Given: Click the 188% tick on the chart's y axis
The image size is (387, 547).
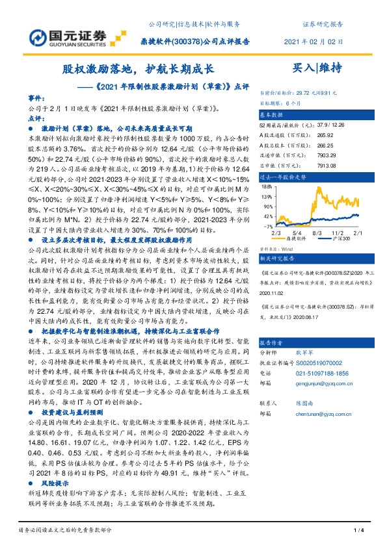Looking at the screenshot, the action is click(267, 186).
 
